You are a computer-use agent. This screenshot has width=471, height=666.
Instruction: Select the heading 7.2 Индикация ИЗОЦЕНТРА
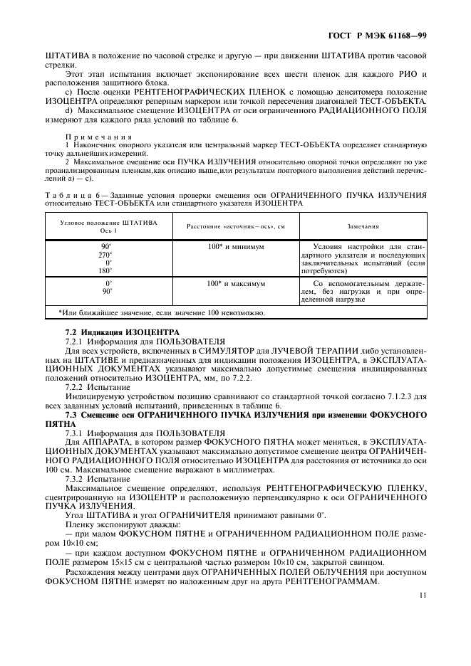[112, 333]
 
